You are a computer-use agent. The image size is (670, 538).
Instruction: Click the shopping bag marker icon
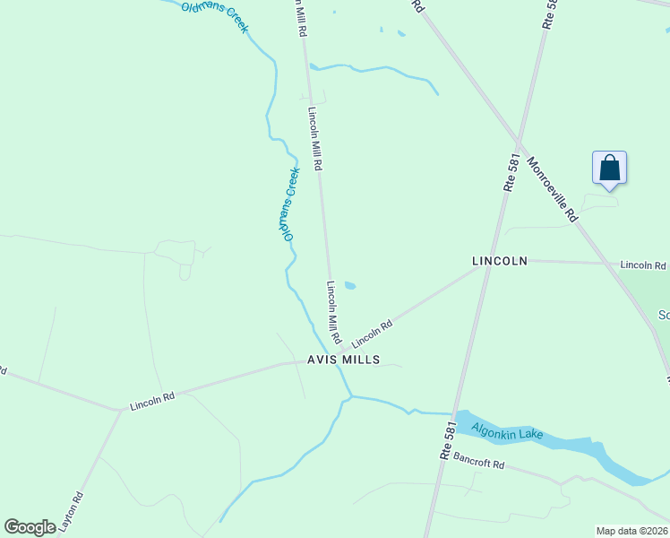coord(609,169)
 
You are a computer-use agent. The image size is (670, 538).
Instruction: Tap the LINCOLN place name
coord(500,261)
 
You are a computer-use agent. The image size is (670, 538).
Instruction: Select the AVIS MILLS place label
coord(343,360)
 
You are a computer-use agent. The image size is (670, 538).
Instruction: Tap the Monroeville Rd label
coord(554,190)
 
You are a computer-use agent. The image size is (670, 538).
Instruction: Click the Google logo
coord(30,526)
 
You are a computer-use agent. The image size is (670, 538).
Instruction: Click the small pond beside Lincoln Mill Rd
coord(350,286)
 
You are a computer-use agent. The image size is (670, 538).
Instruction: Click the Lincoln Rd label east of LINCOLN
coord(643,265)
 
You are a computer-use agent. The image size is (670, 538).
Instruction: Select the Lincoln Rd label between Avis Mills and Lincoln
coord(373,335)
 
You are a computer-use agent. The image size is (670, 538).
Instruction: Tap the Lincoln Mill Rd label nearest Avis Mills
coord(333,314)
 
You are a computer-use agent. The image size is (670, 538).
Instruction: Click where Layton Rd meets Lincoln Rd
coord(119,411)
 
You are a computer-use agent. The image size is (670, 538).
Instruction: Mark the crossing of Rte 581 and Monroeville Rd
coord(519,143)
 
